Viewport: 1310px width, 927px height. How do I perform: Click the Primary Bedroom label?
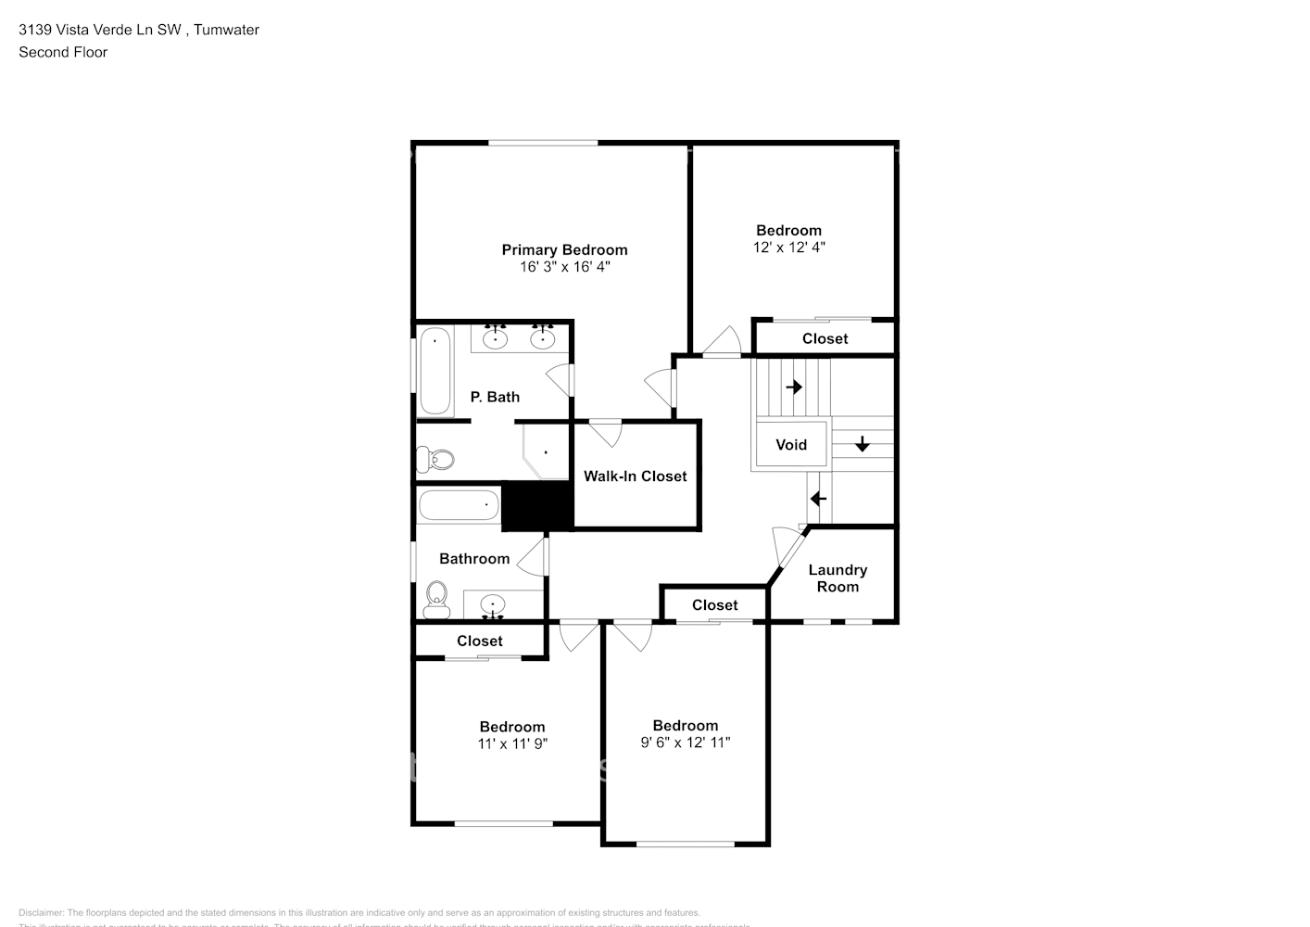pos(564,249)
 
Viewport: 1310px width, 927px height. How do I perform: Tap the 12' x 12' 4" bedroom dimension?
pos(788,248)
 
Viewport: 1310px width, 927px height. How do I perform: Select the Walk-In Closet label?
pos(635,476)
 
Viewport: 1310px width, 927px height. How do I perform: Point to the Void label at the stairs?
pos(790,445)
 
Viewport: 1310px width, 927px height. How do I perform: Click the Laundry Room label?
pos(838,578)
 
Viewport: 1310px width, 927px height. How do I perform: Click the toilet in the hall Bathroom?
pos(435,600)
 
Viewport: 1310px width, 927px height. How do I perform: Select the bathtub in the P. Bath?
pos(435,371)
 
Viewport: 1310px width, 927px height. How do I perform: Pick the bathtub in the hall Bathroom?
pos(459,506)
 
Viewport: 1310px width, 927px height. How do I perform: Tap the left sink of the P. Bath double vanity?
pos(496,338)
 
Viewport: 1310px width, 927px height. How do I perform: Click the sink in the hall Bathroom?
pos(494,606)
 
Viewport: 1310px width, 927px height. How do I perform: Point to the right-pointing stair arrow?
pos(794,387)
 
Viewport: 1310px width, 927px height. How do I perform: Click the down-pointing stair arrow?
pos(863,444)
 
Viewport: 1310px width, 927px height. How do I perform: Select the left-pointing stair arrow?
pos(818,499)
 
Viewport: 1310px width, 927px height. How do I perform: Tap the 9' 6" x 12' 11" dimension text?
pos(685,743)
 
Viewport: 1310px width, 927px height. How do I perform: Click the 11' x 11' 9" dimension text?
pos(512,743)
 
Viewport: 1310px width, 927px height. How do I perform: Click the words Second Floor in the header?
pos(63,52)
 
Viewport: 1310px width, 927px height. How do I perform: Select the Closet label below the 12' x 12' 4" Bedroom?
pos(825,338)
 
